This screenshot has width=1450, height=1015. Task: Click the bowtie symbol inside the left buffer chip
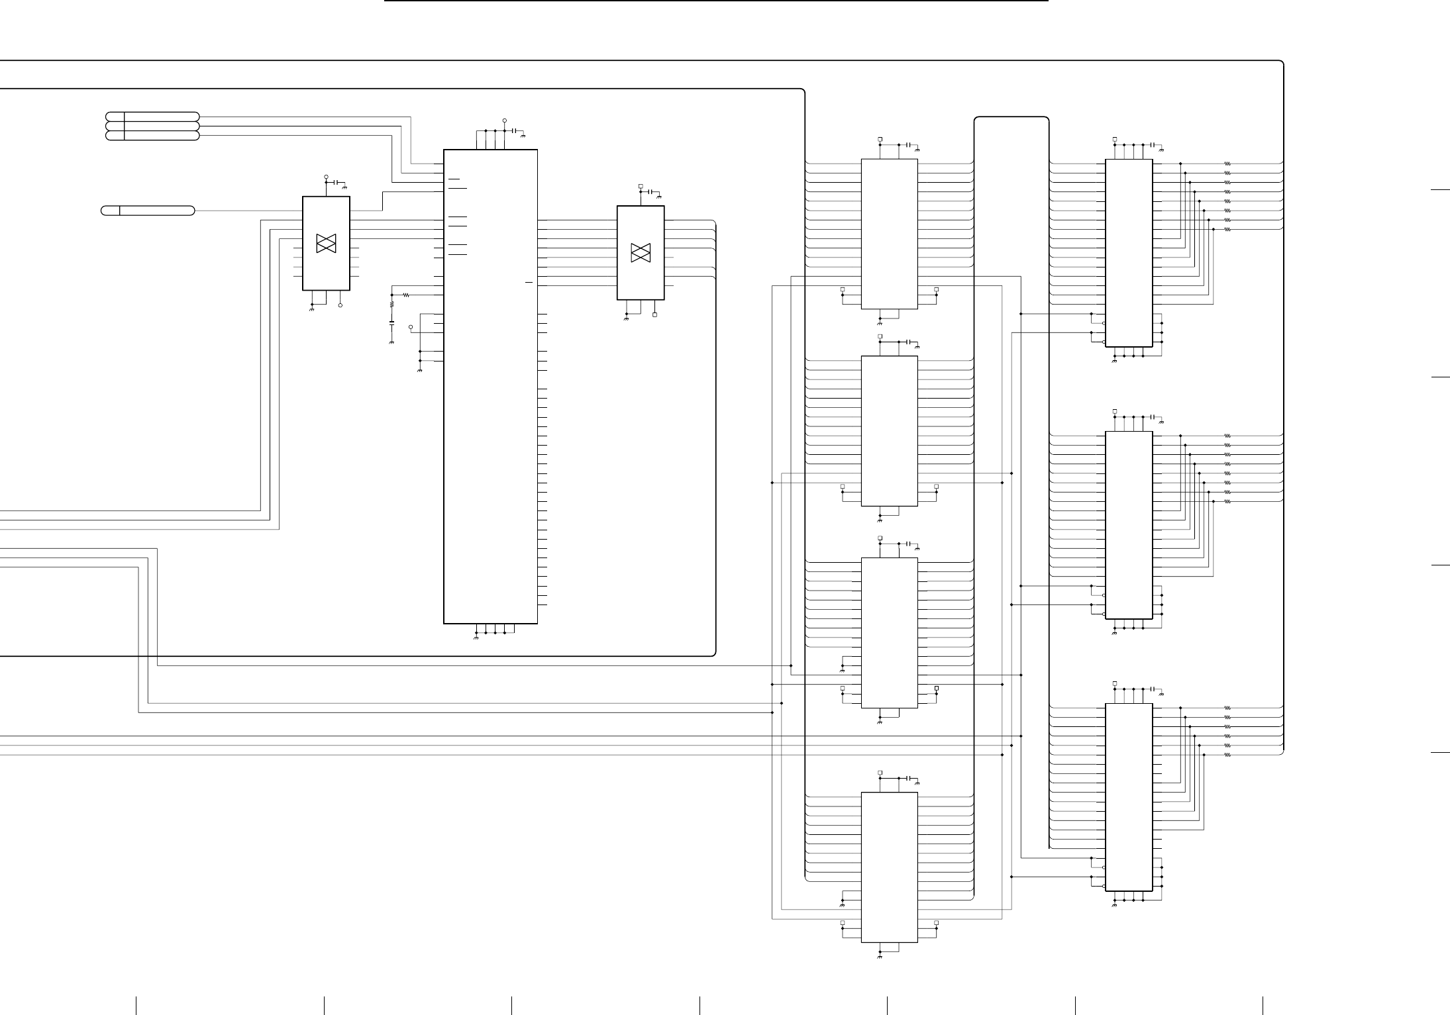(x=326, y=243)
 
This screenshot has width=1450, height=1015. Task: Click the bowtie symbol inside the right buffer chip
(x=641, y=252)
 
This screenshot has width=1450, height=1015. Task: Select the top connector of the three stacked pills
(x=152, y=117)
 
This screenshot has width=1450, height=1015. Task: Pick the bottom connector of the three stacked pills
(x=152, y=136)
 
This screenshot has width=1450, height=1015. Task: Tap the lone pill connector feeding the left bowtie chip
(x=148, y=211)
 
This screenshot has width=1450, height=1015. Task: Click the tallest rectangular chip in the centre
(x=490, y=386)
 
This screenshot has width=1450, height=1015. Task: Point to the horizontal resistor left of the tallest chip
(x=406, y=295)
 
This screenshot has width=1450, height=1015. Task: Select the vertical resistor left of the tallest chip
(x=391, y=305)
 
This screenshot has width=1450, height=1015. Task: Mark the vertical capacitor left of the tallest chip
(x=391, y=323)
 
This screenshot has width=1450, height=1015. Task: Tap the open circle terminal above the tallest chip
(x=505, y=121)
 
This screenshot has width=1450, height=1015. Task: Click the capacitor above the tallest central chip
(x=515, y=131)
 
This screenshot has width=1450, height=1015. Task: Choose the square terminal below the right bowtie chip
(x=655, y=314)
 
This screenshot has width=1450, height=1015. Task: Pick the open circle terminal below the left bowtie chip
(x=340, y=305)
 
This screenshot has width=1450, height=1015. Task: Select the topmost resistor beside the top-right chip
(x=1227, y=164)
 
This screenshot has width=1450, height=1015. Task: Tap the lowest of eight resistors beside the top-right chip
(x=1227, y=229)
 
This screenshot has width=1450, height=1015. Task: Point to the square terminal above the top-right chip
(x=1115, y=140)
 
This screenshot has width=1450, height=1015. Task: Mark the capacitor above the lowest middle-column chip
(x=909, y=778)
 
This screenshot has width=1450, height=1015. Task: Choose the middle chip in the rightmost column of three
(x=1129, y=524)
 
